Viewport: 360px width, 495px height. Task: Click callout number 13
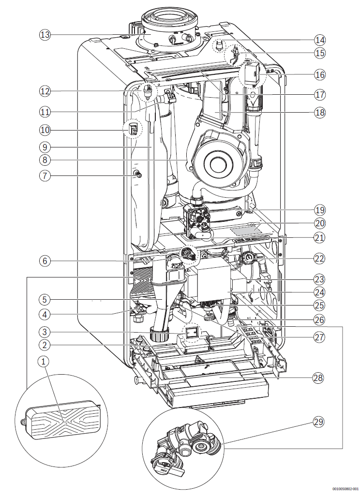click(x=45, y=35)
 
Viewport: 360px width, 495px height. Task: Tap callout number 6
click(x=45, y=261)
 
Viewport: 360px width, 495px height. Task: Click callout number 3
click(x=45, y=333)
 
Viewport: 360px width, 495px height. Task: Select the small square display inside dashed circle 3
click(x=190, y=332)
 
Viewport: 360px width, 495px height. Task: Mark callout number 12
click(x=45, y=90)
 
